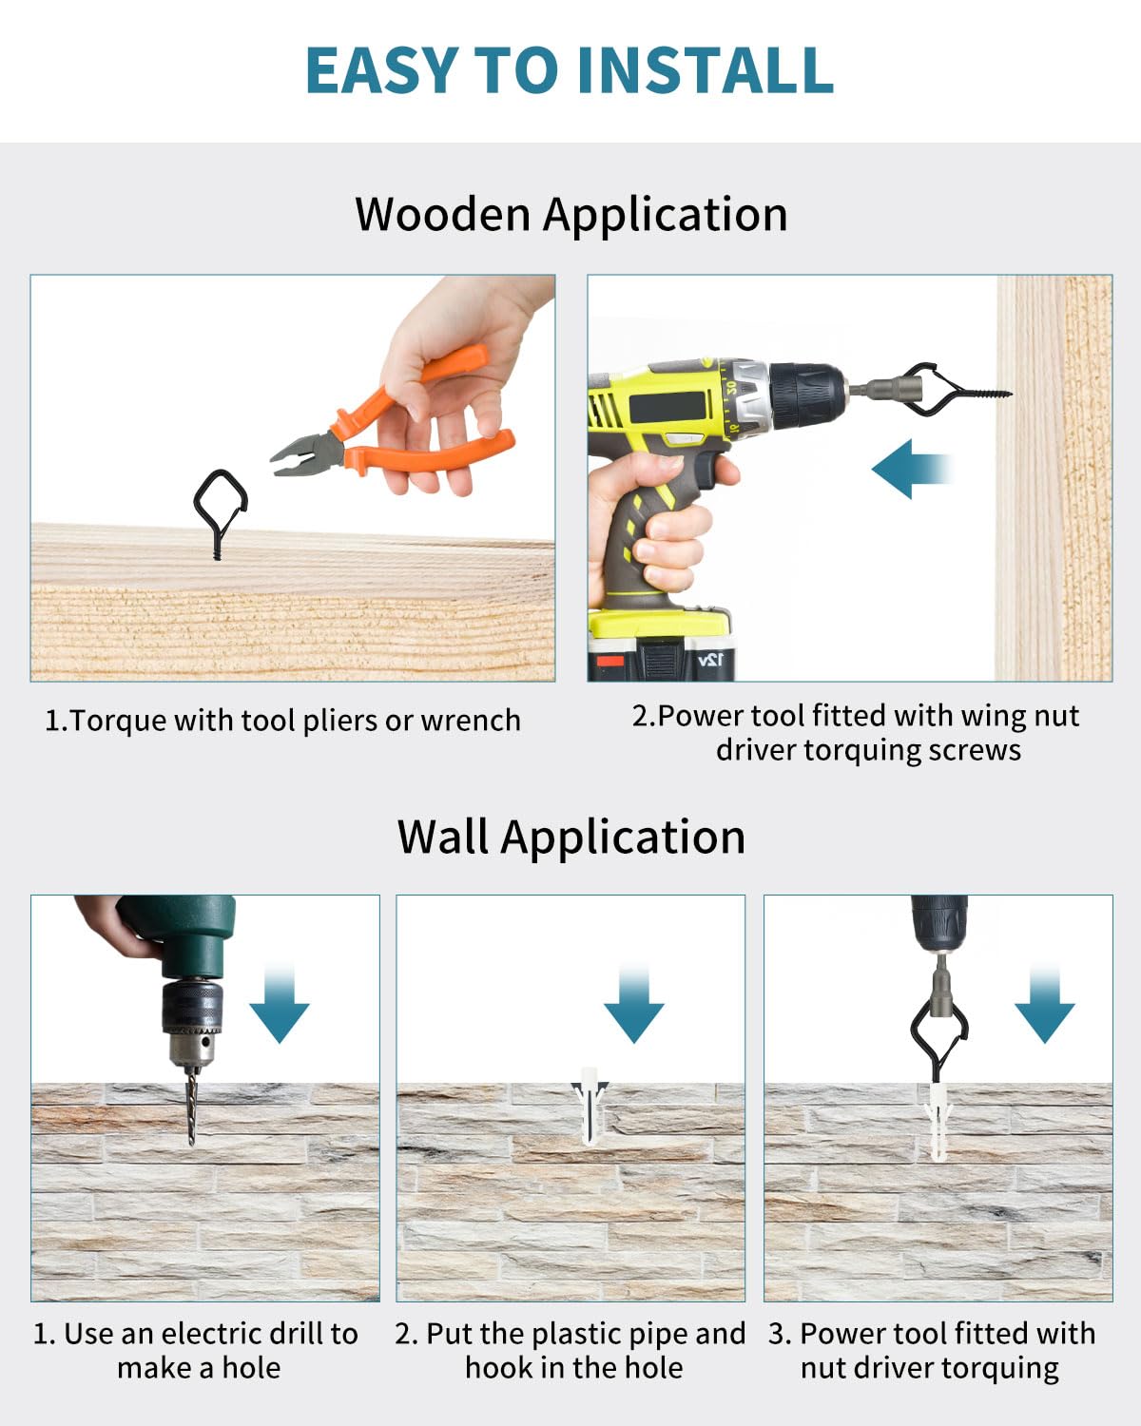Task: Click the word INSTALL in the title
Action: pos(706,70)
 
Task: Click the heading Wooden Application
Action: pos(571,216)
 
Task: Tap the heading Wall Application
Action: pos(571,838)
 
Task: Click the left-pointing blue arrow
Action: pos(912,469)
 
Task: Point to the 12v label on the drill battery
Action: pos(710,660)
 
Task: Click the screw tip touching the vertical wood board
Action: pos(1009,395)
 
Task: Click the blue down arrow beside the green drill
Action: pos(280,1005)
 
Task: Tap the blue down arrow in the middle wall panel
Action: pos(634,1005)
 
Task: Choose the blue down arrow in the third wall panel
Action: pos(1045,1005)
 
